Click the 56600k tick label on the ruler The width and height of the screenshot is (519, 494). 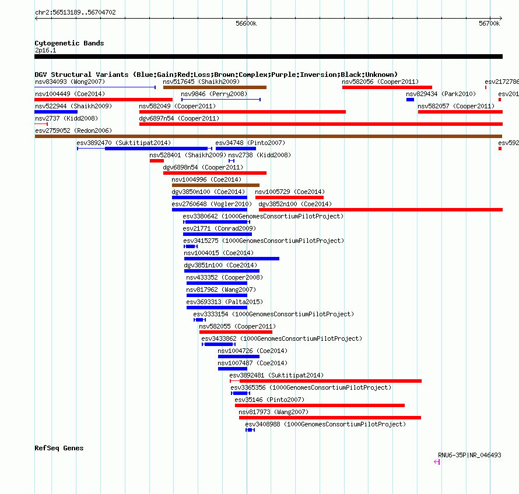coord(246,23)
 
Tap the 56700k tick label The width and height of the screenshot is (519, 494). coord(489,23)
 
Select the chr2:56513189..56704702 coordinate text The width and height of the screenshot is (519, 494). coord(75,13)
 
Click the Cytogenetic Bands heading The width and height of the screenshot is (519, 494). coord(69,43)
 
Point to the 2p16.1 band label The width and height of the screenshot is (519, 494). coord(45,50)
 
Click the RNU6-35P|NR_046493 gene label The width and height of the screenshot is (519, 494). coord(469,456)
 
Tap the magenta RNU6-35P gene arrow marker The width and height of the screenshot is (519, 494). coord(437,462)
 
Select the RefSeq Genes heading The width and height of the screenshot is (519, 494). coord(59,449)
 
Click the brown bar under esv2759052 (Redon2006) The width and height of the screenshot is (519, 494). coord(268,136)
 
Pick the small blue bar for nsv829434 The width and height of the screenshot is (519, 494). coord(410,100)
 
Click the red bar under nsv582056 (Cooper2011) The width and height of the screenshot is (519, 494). coord(387,87)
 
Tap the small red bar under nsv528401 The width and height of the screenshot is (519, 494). coord(156,161)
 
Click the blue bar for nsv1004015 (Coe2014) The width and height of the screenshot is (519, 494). coord(232,259)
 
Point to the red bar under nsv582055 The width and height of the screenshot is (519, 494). coord(236,332)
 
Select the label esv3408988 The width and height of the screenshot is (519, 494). coord(262,424)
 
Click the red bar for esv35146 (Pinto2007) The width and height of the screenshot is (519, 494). coord(320,405)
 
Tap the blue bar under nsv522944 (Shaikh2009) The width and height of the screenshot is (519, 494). coord(56,112)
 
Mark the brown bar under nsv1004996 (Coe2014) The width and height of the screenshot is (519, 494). coord(216,185)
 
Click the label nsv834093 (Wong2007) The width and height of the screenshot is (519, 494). coord(70,82)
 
